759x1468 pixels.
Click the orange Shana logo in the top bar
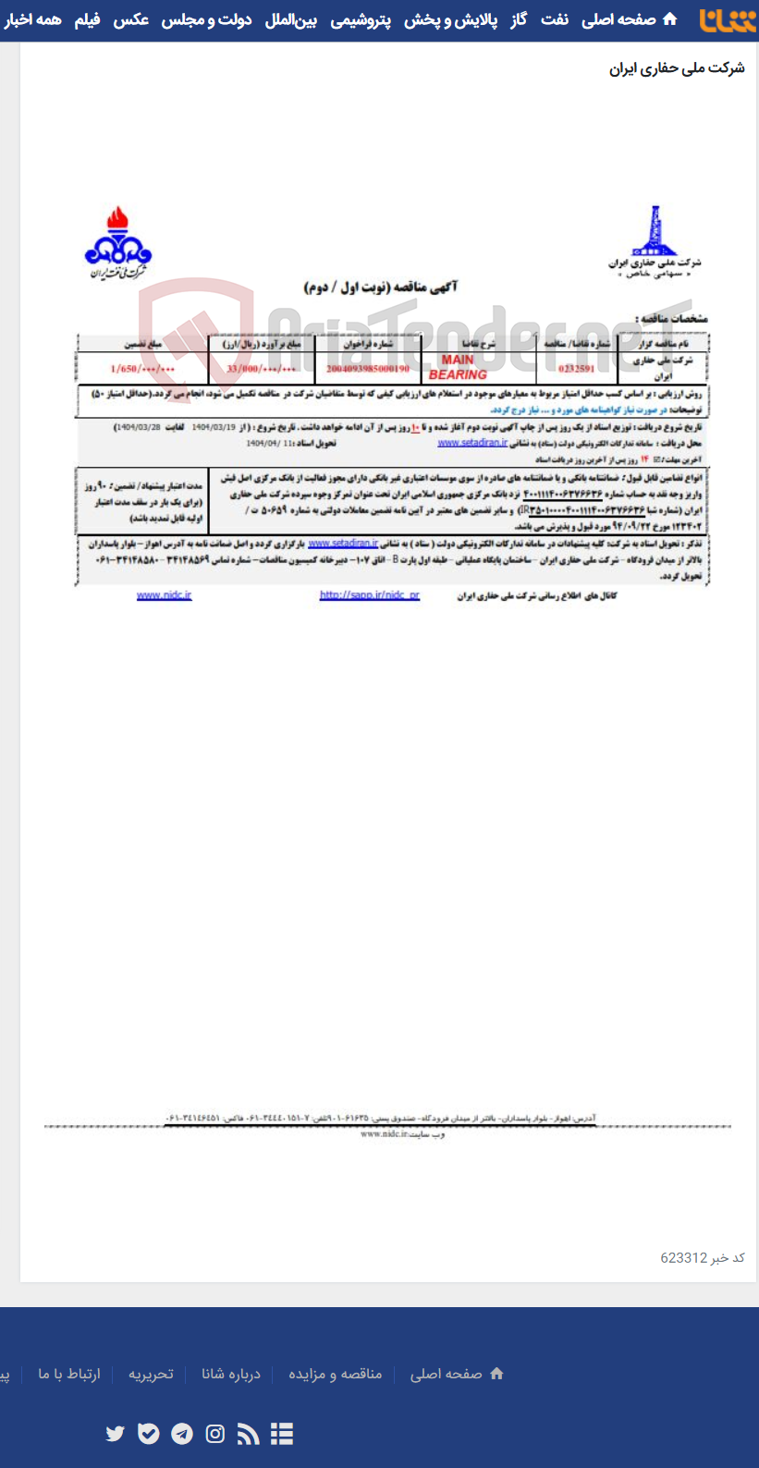[728, 19]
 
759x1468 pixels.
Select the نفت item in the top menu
[555, 19]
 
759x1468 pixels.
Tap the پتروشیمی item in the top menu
[361, 19]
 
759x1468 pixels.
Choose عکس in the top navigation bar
[130, 19]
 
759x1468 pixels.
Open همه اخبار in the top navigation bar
[33, 19]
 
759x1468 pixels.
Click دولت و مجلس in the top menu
[206, 19]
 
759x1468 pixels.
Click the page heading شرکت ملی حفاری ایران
[677, 68]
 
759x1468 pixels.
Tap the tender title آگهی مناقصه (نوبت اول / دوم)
[381, 287]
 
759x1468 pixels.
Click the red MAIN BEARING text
[458, 367]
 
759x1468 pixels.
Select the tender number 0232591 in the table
[577, 368]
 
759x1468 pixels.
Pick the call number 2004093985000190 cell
[368, 368]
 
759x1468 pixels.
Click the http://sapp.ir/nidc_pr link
[370, 595]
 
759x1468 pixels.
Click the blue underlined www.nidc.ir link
[164, 595]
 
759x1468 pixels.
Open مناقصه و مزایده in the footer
[335, 1374]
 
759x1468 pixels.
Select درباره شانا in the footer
[231, 1374]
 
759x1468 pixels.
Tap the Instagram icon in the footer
[215, 1434]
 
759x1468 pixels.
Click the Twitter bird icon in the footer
[115, 1434]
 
